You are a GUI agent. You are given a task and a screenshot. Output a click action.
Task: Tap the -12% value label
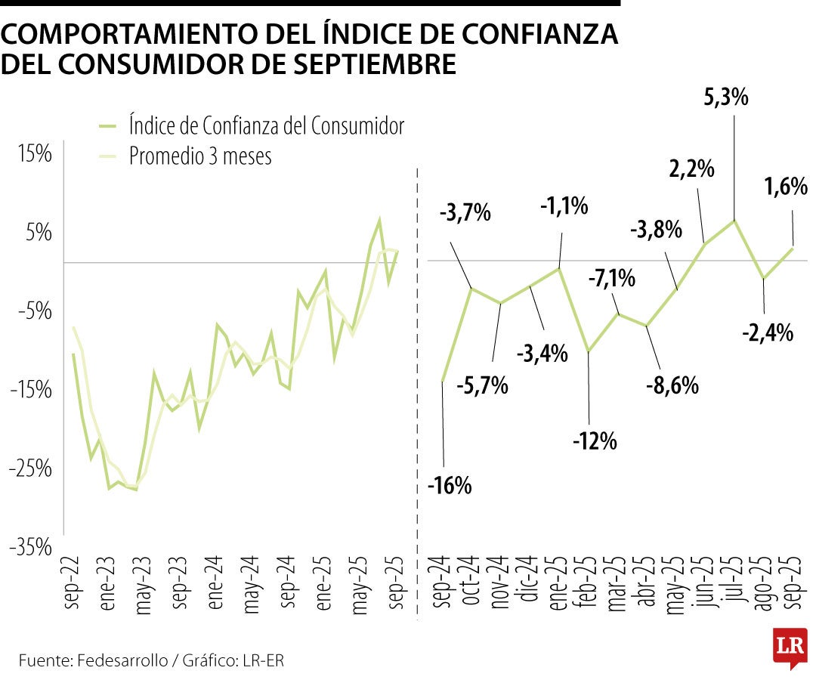click(x=595, y=439)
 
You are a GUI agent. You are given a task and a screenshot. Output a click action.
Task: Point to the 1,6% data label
click(x=785, y=186)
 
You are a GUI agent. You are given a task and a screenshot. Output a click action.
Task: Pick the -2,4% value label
click(x=767, y=331)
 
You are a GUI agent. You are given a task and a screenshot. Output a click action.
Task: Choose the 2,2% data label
click(x=691, y=168)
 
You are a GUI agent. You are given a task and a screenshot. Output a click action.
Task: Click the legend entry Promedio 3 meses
click(x=199, y=156)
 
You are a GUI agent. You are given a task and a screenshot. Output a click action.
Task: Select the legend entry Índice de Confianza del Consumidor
click(x=266, y=125)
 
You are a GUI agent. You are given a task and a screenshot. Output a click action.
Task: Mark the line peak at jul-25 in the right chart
click(x=734, y=220)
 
